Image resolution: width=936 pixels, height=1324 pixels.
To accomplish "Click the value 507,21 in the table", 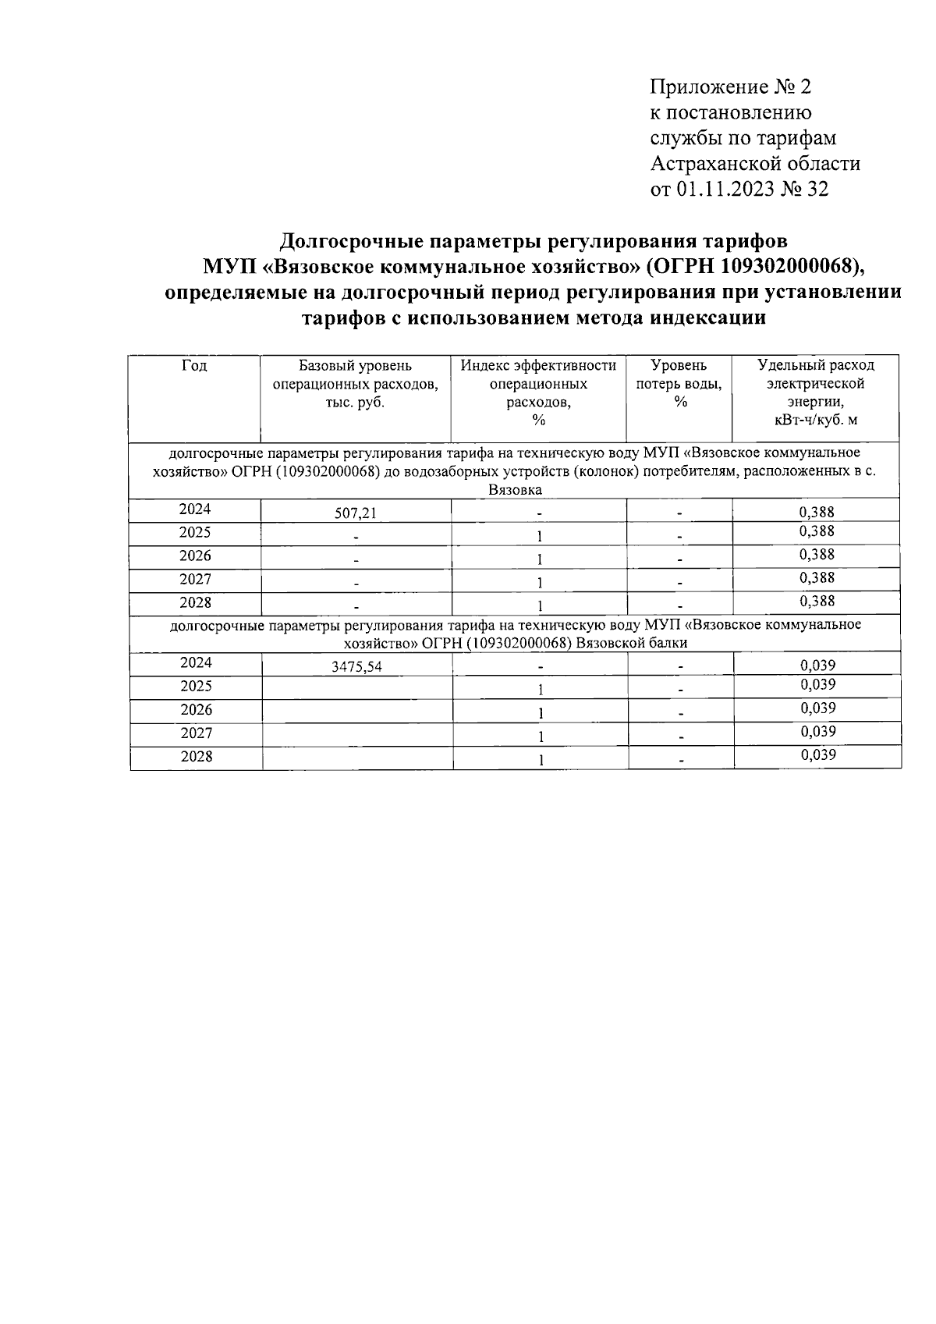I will [356, 513].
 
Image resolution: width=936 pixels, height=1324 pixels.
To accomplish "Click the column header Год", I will [194, 365].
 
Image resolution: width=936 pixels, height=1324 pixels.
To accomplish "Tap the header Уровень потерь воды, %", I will [679, 383].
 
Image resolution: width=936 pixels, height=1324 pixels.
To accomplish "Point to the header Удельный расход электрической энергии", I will [816, 392].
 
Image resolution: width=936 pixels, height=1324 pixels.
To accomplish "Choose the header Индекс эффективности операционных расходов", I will [538, 392].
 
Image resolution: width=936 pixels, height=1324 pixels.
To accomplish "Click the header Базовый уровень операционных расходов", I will [356, 383].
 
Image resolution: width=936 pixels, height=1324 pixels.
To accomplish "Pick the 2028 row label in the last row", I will [196, 756].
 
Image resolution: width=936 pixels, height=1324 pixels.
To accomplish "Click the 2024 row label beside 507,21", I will [195, 509].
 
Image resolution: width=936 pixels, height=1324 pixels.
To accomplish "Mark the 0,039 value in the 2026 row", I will [817, 708].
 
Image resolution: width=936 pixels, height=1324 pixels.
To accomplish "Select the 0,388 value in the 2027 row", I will [817, 578].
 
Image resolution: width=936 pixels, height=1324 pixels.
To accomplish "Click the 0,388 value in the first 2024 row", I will [817, 512].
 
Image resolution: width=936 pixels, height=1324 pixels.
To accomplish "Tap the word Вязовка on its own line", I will [515, 490].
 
